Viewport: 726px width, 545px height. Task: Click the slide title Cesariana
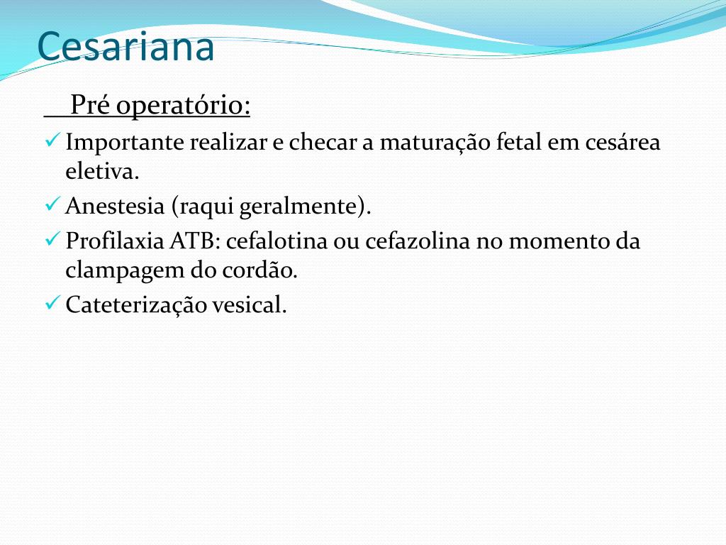coord(125,46)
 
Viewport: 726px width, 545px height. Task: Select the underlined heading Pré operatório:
coord(160,106)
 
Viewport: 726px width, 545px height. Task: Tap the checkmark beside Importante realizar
coord(52,141)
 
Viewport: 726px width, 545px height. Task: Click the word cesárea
coord(623,143)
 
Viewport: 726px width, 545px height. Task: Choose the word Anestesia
coord(114,207)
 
